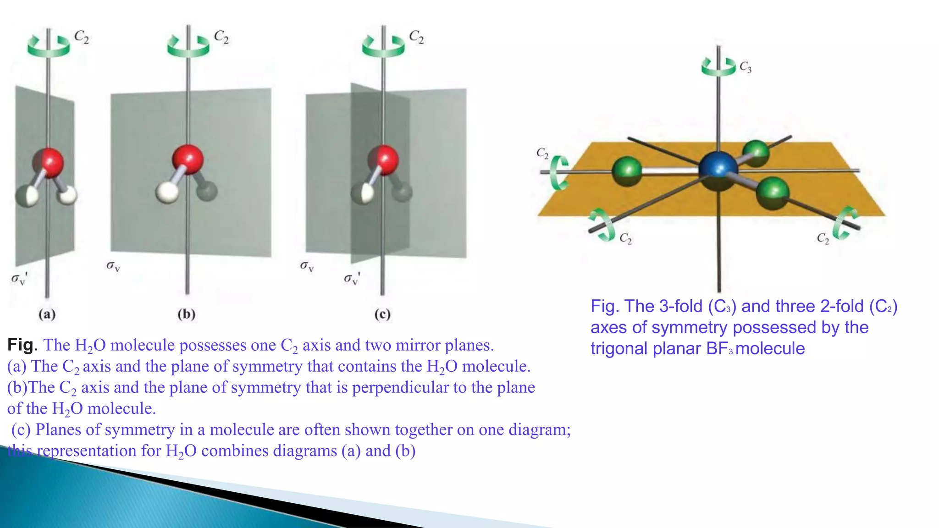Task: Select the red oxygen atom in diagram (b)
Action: pyautogui.click(x=188, y=159)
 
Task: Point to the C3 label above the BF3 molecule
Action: pyautogui.click(x=746, y=67)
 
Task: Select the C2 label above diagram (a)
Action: pyautogui.click(x=82, y=37)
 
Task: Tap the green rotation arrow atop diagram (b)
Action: pyautogui.click(x=188, y=46)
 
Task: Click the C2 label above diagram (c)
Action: pyautogui.click(x=416, y=37)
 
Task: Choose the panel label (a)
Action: pyautogui.click(x=47, y=314)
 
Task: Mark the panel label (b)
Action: pyautogui.click(x=187, y=314)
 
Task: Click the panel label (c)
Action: pyautogui.click(x=382, y=314)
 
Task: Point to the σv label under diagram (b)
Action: pyautogui.click(x=113, y=266)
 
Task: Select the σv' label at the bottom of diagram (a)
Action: pyautogui.click(x=19, y=278)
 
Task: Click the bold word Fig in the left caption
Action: pyautogui.click(x=20, y=345)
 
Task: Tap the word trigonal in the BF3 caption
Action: pyautogui.click(x=619, y=348)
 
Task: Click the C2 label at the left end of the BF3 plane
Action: pyautogui.click(x=542, y=153)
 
